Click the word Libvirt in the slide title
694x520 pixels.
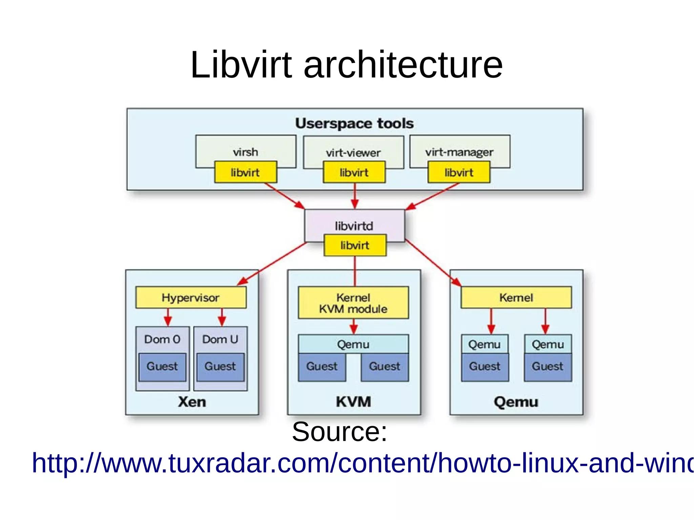[241, 65]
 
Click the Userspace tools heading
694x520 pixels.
[354, 123]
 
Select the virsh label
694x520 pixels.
[245, 152]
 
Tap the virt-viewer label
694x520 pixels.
[353, 153]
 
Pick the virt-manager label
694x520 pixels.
[459, 152]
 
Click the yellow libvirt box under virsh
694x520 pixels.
[245, 172]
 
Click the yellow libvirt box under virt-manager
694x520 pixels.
[459, 172]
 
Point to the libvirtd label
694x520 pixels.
[354, 226]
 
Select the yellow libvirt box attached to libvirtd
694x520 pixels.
[354, 245]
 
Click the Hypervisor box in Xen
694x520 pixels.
[191, 297]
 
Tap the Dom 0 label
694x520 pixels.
[162, 339]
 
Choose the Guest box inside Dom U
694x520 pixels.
[220, 367]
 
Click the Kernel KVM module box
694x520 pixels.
[353, 303]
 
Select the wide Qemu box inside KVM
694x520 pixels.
[353, 344]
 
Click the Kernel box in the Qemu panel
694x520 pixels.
[516, 297]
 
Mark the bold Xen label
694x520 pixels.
[192, 402]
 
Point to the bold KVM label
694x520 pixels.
[353, 402]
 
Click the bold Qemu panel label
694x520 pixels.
[516, 402]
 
